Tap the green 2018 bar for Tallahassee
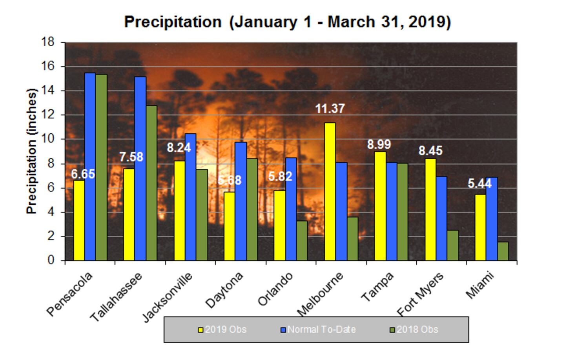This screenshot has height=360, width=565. pos(151,183)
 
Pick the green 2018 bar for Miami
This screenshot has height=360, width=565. pos(503,251)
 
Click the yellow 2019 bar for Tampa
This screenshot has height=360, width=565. pos(380,206)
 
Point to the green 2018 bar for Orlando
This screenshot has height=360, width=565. pos(302,240)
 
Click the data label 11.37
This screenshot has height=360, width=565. pos(330,109)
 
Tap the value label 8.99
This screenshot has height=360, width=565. pos(379,145)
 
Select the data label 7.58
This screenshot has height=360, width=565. pos(131,157)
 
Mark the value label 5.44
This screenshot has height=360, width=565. pos(479,184)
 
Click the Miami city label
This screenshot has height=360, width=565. pos(480,285)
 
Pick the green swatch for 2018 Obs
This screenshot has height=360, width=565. pos(392,330)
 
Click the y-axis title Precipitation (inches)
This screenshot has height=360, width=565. pos(32,151)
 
